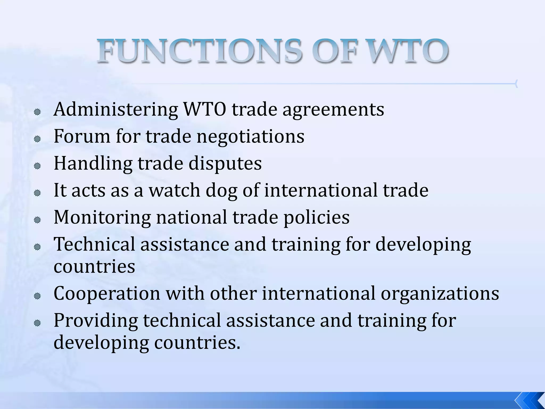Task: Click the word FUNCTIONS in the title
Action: coord(199,51)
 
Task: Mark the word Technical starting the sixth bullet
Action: coord(94,244)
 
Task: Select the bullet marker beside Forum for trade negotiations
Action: coord(37,139)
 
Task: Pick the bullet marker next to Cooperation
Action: coord(37,296)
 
